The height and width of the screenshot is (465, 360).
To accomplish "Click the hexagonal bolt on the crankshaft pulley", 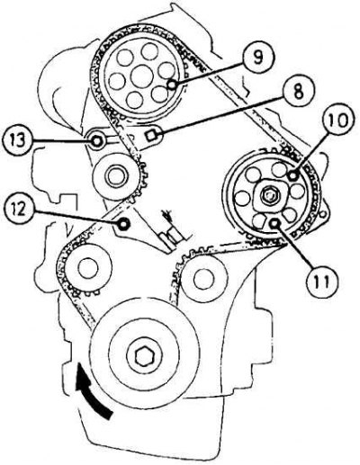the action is click(144, 357).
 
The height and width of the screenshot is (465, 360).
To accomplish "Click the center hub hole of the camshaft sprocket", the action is click(141, 76).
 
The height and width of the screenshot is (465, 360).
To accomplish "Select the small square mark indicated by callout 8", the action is click(150, 136).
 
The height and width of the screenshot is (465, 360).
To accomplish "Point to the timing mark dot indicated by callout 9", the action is click(172, 85).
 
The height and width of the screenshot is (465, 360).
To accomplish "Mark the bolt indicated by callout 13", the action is click(96, 140).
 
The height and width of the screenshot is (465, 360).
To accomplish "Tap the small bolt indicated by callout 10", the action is click(292, 176).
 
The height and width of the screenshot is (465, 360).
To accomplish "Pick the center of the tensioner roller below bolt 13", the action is click(115, 178).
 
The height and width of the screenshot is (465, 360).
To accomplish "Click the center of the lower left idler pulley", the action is click(88, 268).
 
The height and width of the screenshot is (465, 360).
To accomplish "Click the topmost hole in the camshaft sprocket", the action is click(149, 51).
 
